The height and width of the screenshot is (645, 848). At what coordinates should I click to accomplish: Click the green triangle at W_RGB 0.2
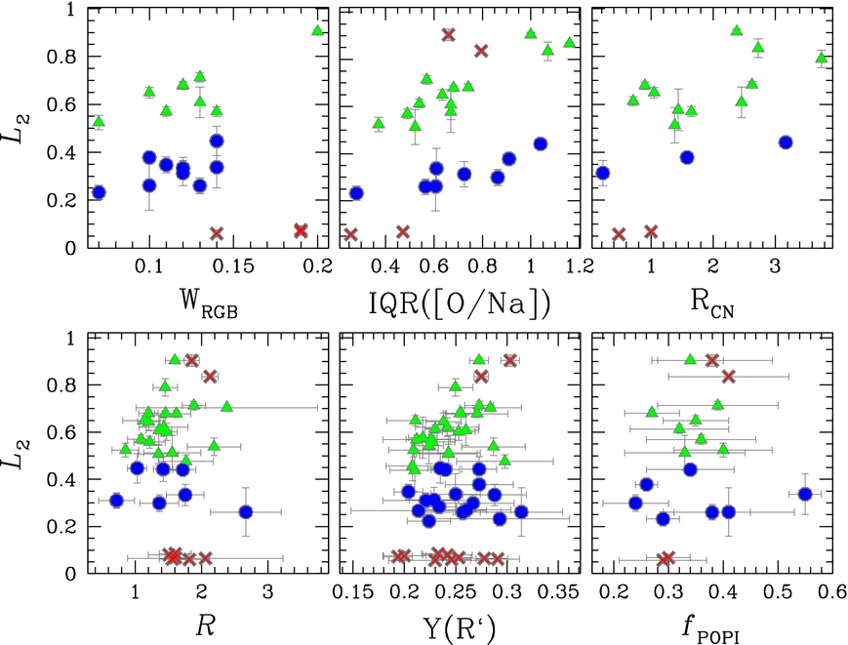tap(317, 30)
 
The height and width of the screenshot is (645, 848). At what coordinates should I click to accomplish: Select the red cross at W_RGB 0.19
tap(301, 230)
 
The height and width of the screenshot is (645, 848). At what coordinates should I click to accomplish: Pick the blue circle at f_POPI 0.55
tap(805, 494)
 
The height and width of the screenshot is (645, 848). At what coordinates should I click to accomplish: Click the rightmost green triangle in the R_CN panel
tap(822, 58)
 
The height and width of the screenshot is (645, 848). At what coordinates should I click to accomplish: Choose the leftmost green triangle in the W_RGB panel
tap(99, 122)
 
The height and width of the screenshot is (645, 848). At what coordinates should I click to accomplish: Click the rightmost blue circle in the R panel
tap(246, 511)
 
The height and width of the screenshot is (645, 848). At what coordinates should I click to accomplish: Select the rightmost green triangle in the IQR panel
tap(569, 43)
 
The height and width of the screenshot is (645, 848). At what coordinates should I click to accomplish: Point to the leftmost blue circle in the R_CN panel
tap(603, 173)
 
